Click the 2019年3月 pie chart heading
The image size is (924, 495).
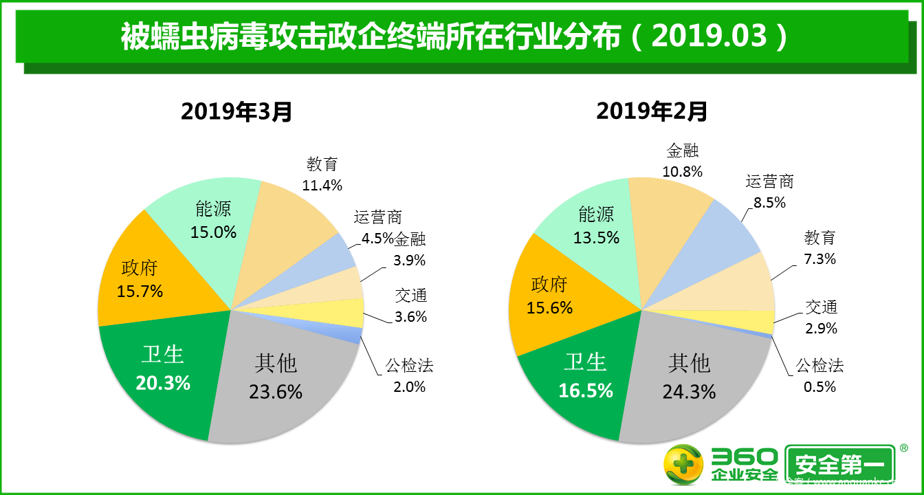click(236, 111)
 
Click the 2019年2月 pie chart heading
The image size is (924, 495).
click(651, 111)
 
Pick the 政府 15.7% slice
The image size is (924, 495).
click(141, 279)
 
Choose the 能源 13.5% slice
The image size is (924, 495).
click(595, 225)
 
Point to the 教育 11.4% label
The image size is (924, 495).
click(322, 175)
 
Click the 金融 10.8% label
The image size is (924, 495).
click(682, 161)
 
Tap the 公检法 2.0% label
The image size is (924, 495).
click(409, 375)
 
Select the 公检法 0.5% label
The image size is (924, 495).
click(819, 375)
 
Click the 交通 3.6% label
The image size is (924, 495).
click(411, 306)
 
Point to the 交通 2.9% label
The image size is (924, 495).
click(821, 318)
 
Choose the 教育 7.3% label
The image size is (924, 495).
click(820, 248)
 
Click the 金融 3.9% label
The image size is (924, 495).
click(410, 250)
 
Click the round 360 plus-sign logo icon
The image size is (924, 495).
click(683, 465)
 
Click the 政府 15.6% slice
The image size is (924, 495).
click(549, 296)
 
